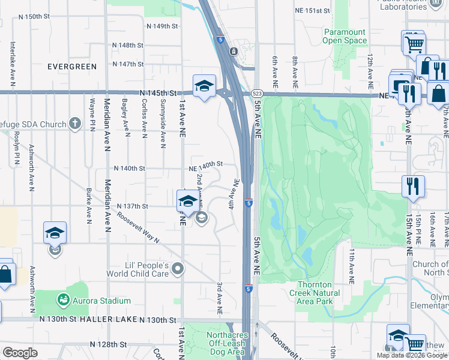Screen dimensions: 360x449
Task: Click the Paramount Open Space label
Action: [x=345, y=36]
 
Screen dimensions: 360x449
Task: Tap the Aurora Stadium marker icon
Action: [x=62, y=299]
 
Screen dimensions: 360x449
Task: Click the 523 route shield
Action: [x=257, y=94]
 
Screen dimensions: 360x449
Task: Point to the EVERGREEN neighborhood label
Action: [x=72, y=67]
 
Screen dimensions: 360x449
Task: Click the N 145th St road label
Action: [x=157, y=94]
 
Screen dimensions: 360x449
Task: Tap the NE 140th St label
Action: [x=206, y=164]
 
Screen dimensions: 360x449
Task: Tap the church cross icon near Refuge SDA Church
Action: [x=75, y=124]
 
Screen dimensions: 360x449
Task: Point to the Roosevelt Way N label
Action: [x=138, y=227]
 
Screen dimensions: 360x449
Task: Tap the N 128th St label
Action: [x=109, y=345]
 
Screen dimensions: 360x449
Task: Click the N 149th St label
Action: [x=162, y=26]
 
